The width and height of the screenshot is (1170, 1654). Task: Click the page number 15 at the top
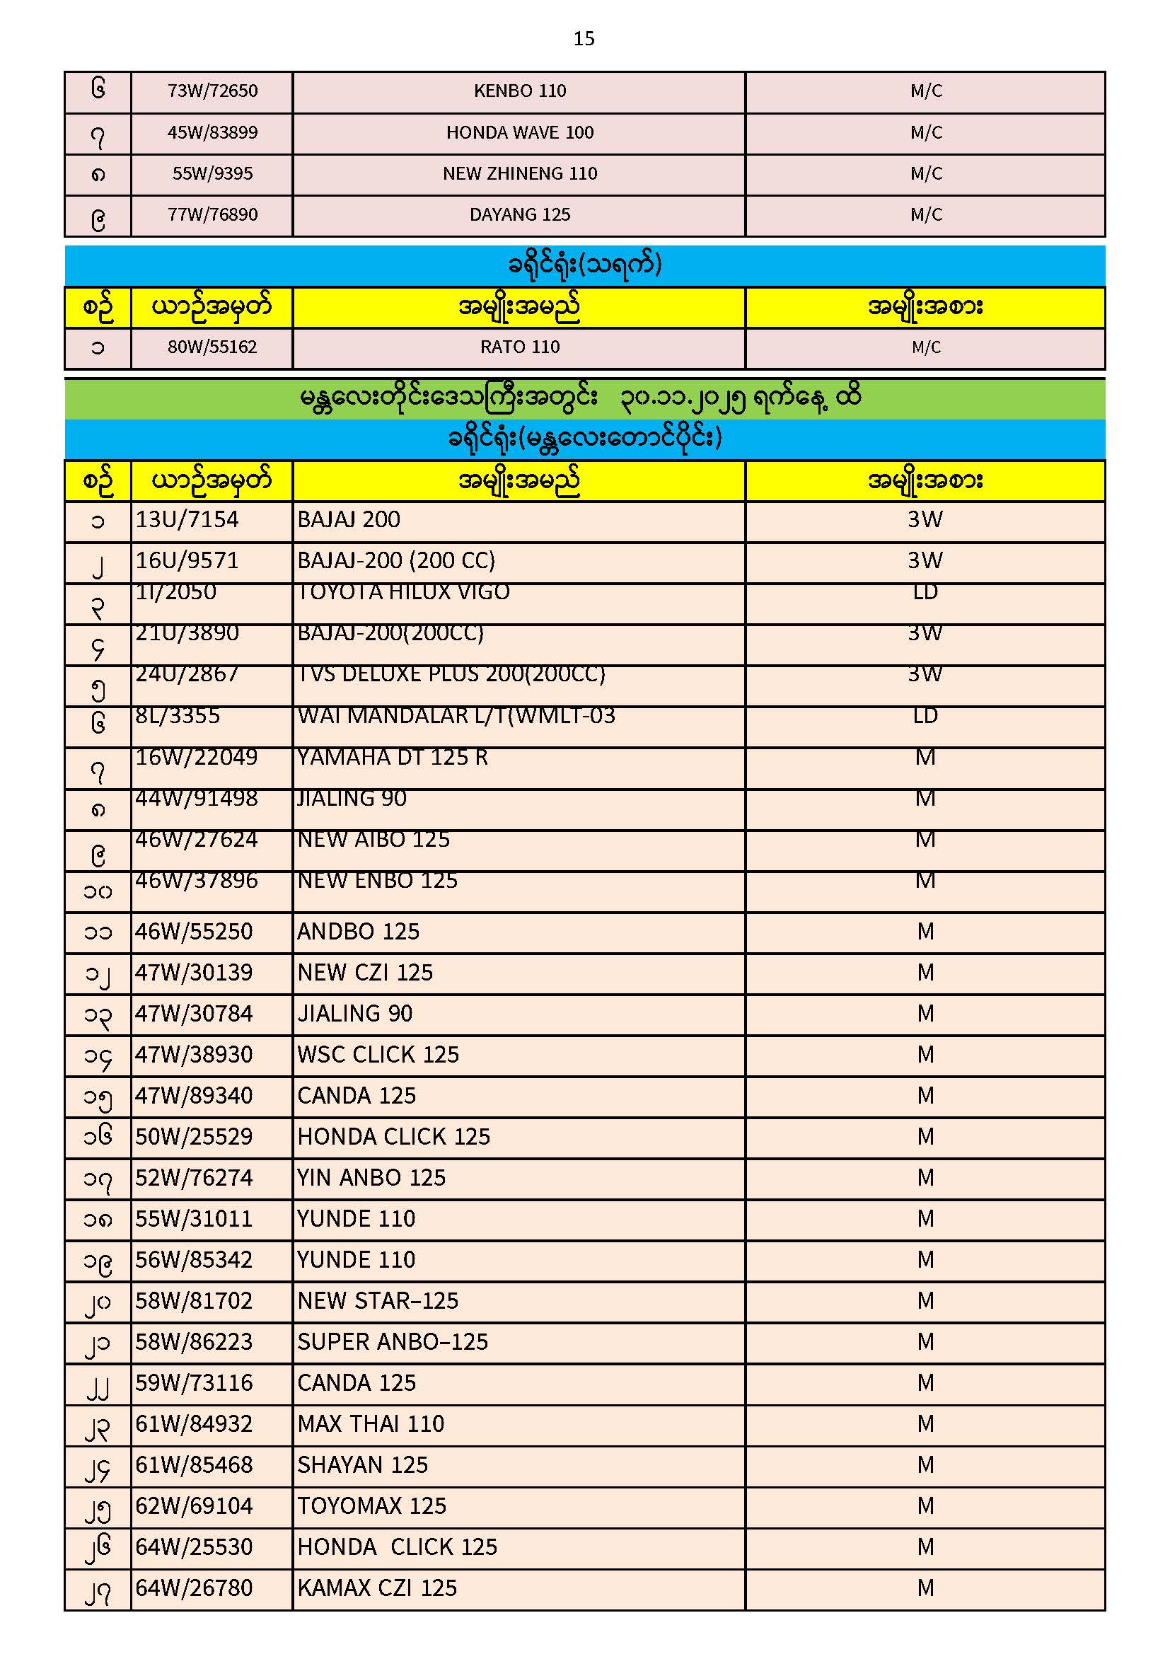click(x=584, y=39)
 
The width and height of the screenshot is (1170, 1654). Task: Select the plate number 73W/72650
click(x=212, y=91)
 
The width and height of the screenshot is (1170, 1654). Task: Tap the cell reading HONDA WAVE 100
click(x=519, y=133)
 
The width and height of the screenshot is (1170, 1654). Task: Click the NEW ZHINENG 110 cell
click(x=519, y=174)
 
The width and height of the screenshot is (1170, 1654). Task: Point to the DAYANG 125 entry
click(x=519, y=215)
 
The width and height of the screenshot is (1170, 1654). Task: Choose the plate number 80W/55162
click(x=212, y=348)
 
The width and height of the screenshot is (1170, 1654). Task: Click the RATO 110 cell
click(x=519, y=348)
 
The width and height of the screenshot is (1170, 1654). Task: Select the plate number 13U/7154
click(x=187, y=520)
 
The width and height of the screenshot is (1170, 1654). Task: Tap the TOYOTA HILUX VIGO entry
click(x=403, y=593)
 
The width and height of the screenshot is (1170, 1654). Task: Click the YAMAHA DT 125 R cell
click(x=393, y=758)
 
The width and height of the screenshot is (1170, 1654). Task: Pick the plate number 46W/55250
click(x=194, y=932)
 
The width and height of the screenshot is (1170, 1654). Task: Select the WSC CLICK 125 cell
click(x=378, y=1056)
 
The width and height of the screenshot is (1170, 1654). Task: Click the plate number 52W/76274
click(x=194, y=1179)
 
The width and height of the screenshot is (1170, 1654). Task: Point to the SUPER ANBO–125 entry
click(x=393, y=1343)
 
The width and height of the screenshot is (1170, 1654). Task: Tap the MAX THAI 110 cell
click(x=371, y=1425)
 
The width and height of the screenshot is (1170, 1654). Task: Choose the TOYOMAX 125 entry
click(x=372, y=1507)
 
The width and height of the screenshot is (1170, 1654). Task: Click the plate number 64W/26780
click(x=194, y=1589)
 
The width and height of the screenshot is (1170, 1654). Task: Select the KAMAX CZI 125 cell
click(x=377, y=1589)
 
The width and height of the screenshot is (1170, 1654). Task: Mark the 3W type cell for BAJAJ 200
click(x=925, y=520)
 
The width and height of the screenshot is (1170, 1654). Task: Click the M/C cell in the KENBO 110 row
click(x=926, y=91)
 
